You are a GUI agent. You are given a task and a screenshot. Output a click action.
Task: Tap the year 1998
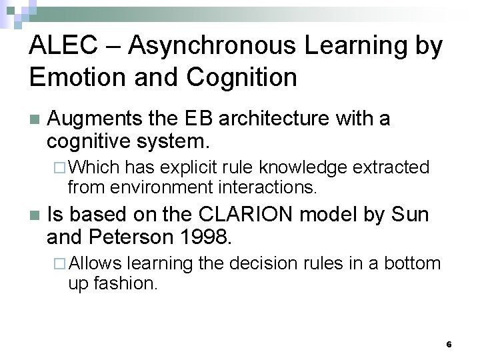coord(207,237)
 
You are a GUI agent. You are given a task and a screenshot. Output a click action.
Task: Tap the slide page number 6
coord(449,344)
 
